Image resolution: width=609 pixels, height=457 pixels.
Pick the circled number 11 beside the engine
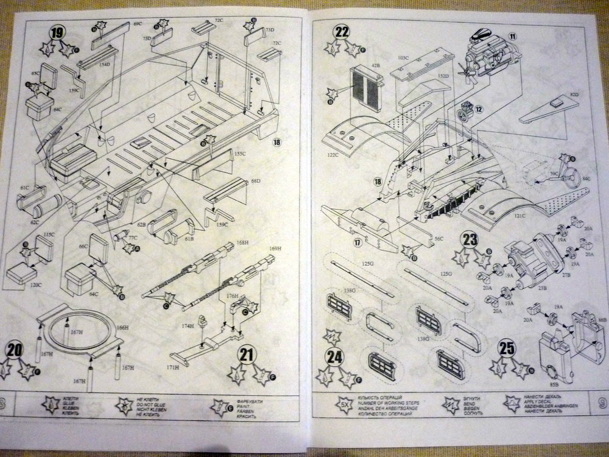(512, 36)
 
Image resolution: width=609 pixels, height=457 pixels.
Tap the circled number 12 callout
(479, 110)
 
